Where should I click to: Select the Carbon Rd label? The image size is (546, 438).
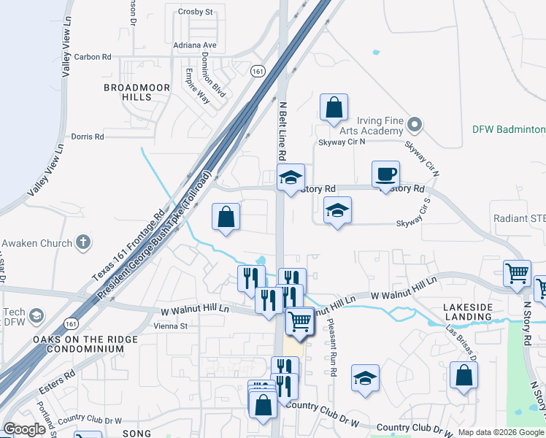coord(92,56)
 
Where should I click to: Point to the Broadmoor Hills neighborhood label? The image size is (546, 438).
coord(136,92)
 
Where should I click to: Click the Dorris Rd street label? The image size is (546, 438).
coord(88,137)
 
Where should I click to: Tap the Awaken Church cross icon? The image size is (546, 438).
coord(84,242)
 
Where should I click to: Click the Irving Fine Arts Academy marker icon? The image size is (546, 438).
coord(415,125)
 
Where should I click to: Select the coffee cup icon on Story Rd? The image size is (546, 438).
coord(385,174)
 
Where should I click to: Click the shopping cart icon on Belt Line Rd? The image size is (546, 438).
coord(299,320)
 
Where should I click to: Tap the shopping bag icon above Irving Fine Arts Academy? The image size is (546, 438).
coord(334,107)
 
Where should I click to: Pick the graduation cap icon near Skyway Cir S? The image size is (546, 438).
coord(337,210)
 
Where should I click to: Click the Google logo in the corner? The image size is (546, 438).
coord(24,429)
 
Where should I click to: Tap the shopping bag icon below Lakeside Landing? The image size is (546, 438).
coord(464,376)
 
